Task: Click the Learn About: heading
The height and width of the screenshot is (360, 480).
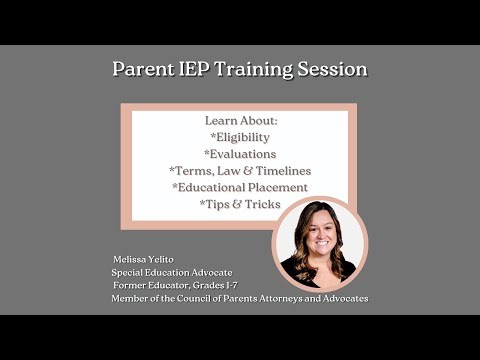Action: point(240,121)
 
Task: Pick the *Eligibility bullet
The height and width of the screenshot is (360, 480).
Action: point(240,138)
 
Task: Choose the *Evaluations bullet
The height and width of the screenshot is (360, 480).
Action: point(240,155)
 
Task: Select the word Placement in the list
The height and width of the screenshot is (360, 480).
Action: point(279,187)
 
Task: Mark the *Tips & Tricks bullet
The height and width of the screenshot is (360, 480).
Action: point(240,204)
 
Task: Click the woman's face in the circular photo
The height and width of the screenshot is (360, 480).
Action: point(319,237)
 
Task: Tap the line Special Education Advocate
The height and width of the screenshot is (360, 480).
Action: point(175,272)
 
